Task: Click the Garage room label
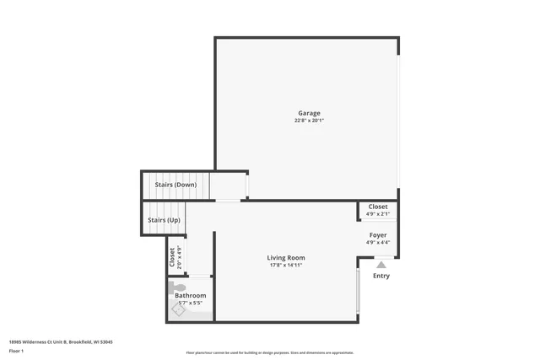click(x=309, y=113)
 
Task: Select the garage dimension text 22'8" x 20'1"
click(x=309, y=121)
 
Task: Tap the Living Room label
click(x=286, y=258)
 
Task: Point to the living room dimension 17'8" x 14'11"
click(x=286, y=266)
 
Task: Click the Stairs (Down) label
click(x=175, y=185)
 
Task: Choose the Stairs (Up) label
click(x=164, y=220)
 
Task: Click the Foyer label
click(x=378, y=235)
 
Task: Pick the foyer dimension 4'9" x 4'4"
click(x=378, y=243)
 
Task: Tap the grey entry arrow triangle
click(x=381, y=265)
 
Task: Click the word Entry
click(x=381, y=276)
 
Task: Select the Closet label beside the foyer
click(x=378, y=207)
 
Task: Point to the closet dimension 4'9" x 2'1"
click(x=378, y=214)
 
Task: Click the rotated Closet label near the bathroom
click(x=173, y=256)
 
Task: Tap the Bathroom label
click(x=190, y=296)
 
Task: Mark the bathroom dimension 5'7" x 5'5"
click(x=190, y=304)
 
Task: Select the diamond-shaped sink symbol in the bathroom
click(x=179, y=310)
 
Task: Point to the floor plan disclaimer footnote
click(x=269, y=353)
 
